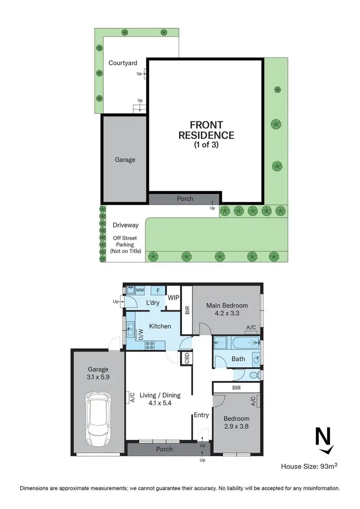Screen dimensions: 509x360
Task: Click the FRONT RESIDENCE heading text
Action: click(x=206, y=130)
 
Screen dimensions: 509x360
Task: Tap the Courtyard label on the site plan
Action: click(x=123, y=63)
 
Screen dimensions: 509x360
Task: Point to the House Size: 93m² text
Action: click(x=309, y=466)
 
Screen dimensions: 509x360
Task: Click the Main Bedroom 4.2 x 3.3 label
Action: click(x=227, y=309)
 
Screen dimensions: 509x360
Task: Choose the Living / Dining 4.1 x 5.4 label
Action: click(x=161, y=399)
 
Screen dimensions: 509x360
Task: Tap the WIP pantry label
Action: click(x=173, y=298)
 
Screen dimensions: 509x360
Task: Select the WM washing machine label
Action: click(x=140, y=290)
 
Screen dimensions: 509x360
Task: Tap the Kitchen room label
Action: click(x=160, y=326)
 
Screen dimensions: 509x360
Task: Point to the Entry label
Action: click(x=201, y=415)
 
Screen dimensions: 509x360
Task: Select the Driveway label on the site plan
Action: click(x=125, y=225)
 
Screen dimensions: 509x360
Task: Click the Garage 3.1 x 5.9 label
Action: click(x=98, y=374)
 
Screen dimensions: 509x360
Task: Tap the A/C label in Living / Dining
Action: click(x=131, y=397)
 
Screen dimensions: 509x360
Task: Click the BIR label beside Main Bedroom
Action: click(x=187, y=311)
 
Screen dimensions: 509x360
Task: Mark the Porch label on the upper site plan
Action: click(x=185, y=199)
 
